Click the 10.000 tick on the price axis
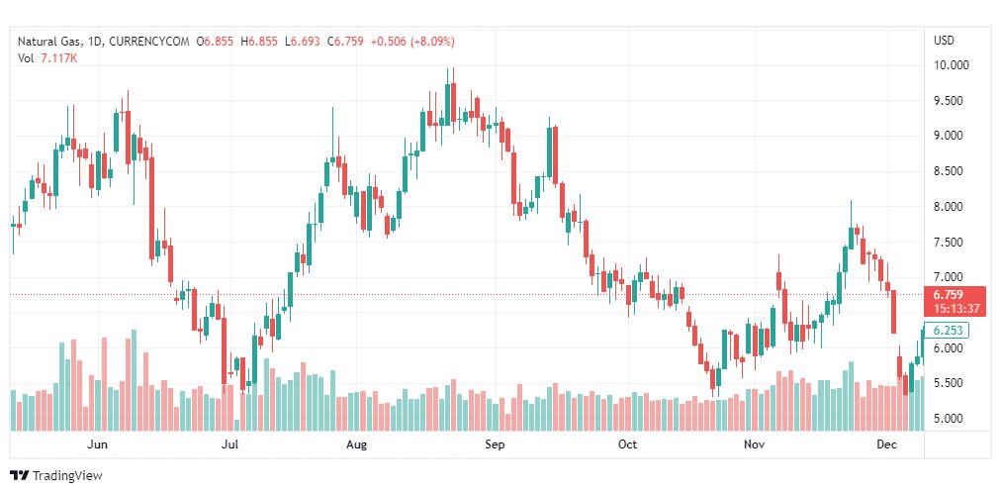951,65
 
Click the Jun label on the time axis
98,444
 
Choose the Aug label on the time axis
357,444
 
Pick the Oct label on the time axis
627,444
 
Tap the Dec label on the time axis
886,444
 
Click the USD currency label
944,41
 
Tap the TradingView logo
56,475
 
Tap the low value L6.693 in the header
305,41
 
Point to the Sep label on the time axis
496,444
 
